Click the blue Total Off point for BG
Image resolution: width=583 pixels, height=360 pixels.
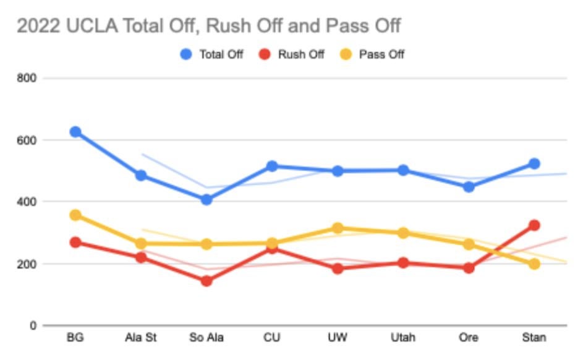pos(75,132)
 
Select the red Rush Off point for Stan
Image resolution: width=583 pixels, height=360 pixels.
pos(534,225)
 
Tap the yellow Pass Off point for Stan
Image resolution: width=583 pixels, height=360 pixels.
pos(534,264)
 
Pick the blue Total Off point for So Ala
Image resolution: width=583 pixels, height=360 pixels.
pos(206,200)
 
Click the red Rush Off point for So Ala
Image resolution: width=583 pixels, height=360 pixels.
pos(206,281)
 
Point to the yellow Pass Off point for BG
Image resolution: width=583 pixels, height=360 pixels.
pos(75,215)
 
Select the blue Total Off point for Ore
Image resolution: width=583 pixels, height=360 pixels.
pos(469,187)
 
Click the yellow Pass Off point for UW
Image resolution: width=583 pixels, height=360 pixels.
pos(338,228)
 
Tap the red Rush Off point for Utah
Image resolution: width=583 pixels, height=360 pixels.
pos(403,263)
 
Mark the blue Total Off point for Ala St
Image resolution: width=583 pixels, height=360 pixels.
pos(141,176)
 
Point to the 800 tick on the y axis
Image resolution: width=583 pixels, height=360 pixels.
pos(28,79)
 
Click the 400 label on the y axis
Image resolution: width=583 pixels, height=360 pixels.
pos(28,202)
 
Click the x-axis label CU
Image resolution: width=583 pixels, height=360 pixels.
pos(272,338)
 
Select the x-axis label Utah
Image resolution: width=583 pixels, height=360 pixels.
pos(403,338)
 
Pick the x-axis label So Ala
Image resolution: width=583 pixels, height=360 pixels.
pos(206,338)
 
